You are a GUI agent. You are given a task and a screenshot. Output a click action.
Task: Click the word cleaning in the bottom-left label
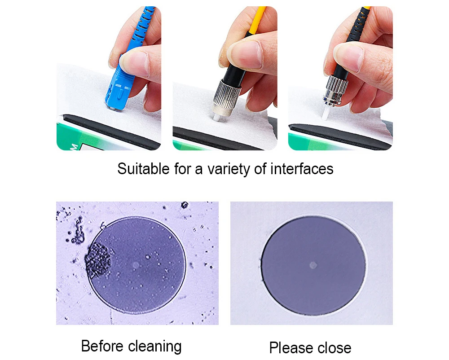(155, 347)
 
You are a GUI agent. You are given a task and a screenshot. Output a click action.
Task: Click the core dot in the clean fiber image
(313, 265)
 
